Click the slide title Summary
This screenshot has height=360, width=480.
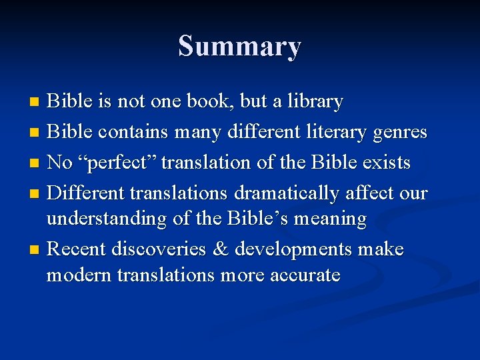coord(239,47)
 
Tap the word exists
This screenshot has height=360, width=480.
coord(387,163)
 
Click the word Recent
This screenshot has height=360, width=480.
coord(77,249)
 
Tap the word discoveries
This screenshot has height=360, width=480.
coord(158,249)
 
